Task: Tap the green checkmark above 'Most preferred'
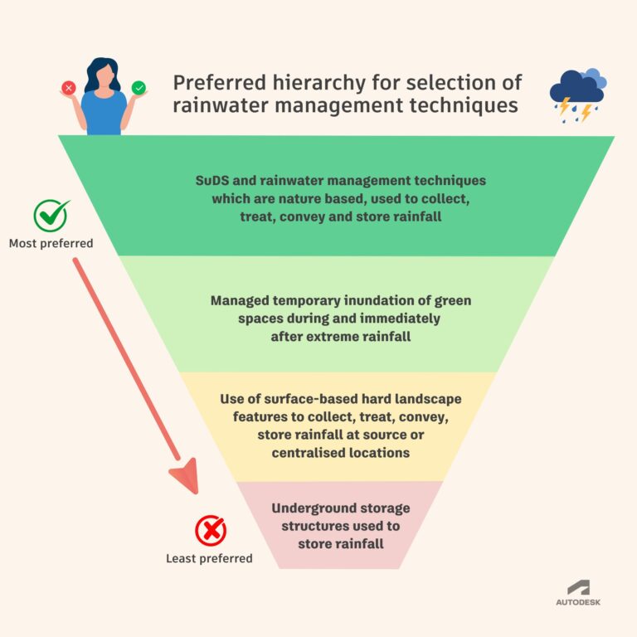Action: (51, 216)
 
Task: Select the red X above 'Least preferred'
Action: (210, 530)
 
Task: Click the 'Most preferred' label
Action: (51, 244)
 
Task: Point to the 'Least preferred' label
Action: (209, 558)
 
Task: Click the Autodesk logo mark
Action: (578, 587)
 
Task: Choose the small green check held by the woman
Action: (138, 86)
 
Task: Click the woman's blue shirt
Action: (104, 113)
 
